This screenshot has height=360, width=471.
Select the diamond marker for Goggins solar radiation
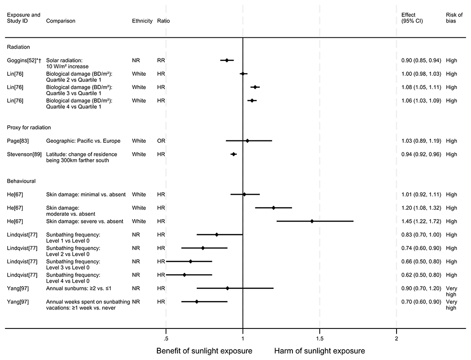[227, 60]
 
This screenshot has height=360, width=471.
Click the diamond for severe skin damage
[312, 221]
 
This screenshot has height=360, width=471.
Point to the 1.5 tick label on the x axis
[319, 339]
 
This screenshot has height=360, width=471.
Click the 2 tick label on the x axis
[396, 339]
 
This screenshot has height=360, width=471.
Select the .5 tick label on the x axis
[166, 339]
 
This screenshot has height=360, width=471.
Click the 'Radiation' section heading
[18, 47]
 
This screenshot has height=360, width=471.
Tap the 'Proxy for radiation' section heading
[29, 128]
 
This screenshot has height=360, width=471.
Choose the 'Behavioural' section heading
[21, 181]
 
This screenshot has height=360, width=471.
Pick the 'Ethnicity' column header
[142, 21]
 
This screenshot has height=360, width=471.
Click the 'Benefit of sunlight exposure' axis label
[204, 351]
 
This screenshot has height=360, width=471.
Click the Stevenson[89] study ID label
[24, 154]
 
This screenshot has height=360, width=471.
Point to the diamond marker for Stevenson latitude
[233, 154]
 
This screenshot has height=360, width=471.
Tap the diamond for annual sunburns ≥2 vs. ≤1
[227, 288]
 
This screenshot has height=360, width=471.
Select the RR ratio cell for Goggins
[161, 60]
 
